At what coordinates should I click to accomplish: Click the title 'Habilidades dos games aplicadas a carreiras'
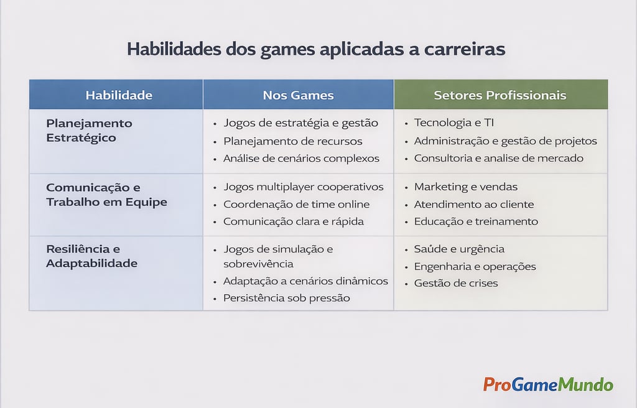[316, 50]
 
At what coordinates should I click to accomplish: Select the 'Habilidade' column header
[119, 95]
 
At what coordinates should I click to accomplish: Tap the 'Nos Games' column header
[298, 95]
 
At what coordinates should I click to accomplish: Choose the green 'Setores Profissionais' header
[500, 95]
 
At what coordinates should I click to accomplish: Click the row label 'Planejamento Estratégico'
[89, 130]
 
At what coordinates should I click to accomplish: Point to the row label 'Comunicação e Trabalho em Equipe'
[106, 195]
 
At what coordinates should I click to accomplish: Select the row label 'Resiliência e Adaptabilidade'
[91, 256]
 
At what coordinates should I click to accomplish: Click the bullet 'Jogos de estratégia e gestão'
[300, 123]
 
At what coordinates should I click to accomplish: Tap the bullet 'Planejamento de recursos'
[293, 141]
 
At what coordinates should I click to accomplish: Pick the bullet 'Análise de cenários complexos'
[301, 158]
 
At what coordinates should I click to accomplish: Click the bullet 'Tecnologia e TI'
[454, 123]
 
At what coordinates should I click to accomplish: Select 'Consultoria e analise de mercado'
[499, 158]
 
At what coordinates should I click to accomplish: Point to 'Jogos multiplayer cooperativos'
[304, 187]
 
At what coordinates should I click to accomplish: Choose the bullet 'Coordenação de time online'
[296, 204]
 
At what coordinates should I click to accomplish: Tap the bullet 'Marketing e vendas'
[465, 187]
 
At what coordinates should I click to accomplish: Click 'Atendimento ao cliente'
[474, 204]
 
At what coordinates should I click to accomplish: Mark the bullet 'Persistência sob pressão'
[286, 298]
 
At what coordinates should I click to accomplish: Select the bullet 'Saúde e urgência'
[459, 249]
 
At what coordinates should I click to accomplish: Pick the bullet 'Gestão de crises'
[455, 283]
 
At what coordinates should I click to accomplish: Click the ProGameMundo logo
[548, 384]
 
